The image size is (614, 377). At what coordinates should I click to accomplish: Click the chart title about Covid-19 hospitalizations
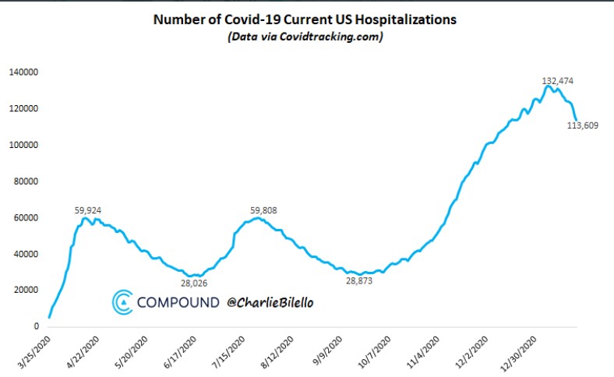307,19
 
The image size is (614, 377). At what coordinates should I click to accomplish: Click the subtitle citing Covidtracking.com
307,37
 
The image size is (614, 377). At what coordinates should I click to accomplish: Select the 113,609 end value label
582,126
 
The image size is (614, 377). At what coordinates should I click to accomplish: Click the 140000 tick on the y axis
24,72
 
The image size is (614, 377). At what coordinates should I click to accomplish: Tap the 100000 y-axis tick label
24,145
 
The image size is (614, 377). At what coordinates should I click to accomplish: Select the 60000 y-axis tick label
26,217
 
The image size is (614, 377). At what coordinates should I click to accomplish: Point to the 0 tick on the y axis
37,326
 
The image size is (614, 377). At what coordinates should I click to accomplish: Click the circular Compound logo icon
122,303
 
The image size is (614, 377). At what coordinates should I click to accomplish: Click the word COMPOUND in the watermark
178,302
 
